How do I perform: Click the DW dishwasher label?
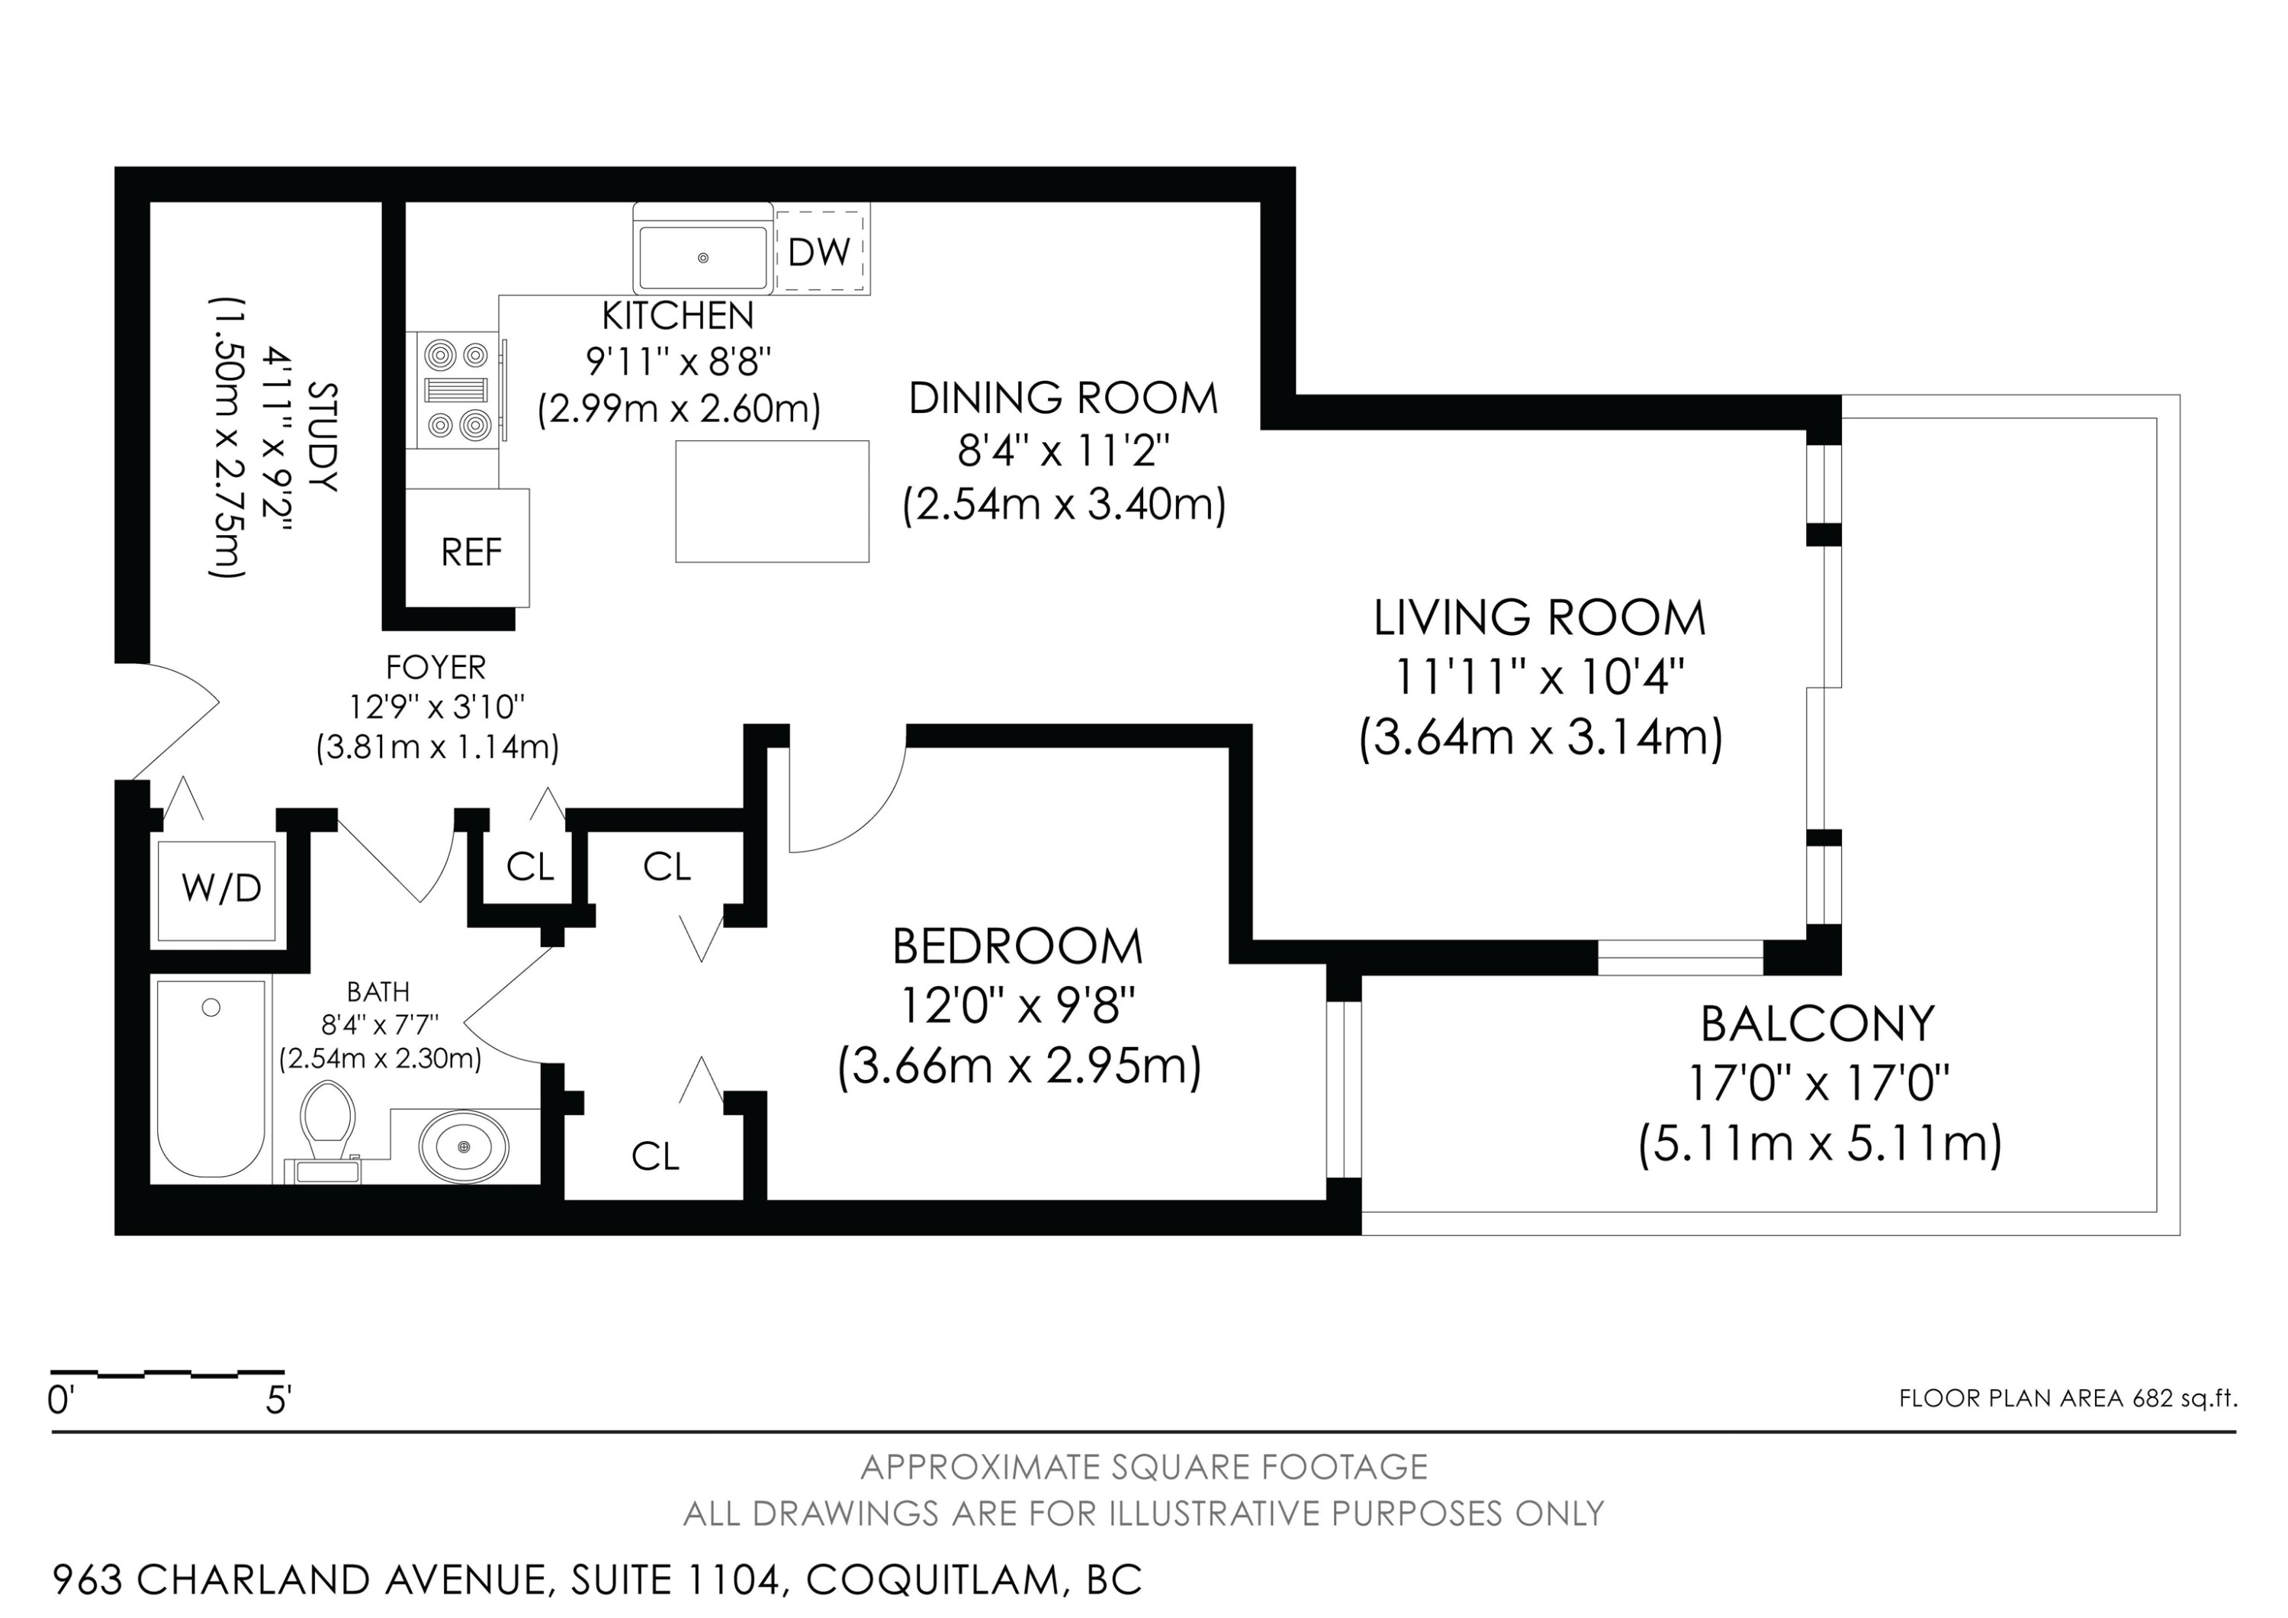coord(819,252)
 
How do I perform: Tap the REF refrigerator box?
coord(468,547)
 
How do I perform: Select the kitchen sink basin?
coord(702,257)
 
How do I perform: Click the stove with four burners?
coord(458,390)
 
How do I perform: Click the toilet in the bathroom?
coord(328,1133)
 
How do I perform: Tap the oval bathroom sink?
coord(464,1146)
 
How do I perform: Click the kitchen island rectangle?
coord(773,501)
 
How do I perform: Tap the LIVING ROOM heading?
coord(1540,618)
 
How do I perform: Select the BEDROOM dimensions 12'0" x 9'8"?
coord(1017,1006)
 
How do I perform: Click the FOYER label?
coord(435,666)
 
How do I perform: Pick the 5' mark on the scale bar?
coord(277,1400)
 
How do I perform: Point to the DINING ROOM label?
coord(1063,398)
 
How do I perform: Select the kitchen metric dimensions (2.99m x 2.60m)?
coord(679,409)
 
